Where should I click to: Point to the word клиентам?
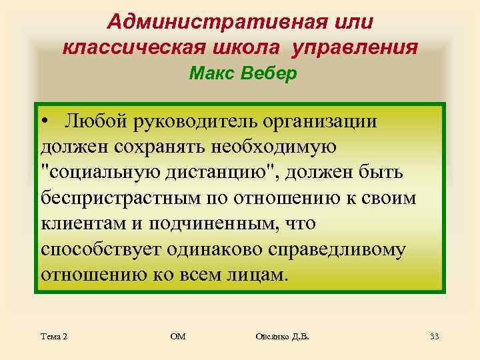(x=84, y=223)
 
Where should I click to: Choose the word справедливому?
(x=333, y=249)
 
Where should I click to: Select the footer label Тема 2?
(x=53, y=337)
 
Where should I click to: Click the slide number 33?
(x=434, y=337)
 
